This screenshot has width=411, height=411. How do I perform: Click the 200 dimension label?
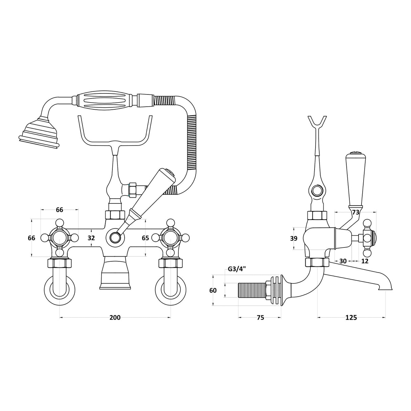(115, 317)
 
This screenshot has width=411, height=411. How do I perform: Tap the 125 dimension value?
(351, 317)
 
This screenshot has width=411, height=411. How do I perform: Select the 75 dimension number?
(260, 317)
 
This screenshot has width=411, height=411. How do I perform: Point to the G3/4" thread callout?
(237, 269)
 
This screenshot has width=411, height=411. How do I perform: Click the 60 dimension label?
(213, 290)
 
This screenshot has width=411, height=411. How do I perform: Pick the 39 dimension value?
(294, 238)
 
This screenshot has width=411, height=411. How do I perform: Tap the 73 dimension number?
(355, 212)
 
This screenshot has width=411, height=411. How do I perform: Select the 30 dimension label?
(343, 261)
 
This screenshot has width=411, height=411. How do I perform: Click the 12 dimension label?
(365, 261)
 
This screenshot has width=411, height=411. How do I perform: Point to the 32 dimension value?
(91, 238)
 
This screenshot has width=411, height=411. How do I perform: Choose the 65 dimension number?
(145, 238)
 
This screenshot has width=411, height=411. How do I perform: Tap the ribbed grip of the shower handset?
(106, 100)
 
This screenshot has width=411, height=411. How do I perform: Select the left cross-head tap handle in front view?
(60, 238)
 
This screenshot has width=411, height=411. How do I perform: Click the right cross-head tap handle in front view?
(170, 238)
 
